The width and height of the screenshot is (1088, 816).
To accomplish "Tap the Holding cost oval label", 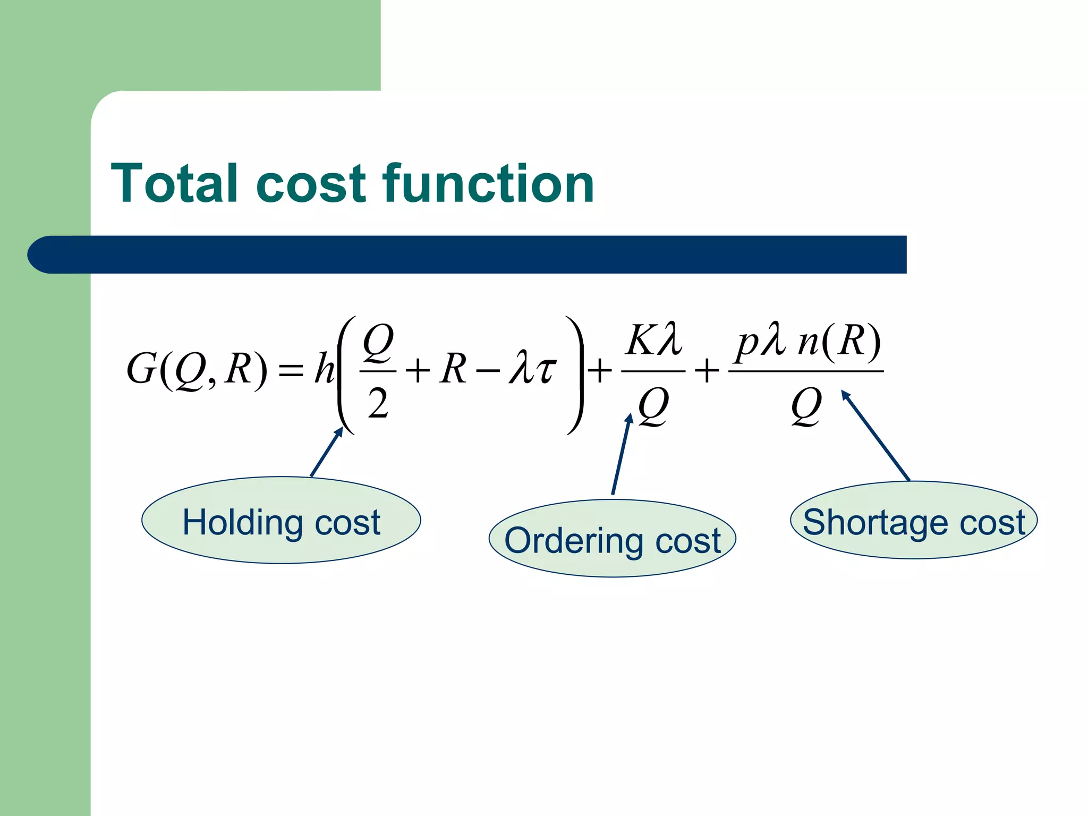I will point(281,520).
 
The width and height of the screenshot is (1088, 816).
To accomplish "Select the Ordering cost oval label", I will point(612,539).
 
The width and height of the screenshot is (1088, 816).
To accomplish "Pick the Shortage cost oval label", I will point(914,520).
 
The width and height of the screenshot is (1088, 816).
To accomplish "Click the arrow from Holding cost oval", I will point(326,453).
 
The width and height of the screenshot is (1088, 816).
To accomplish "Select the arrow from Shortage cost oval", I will point(875,436).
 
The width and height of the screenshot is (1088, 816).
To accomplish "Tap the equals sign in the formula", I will point(291,370).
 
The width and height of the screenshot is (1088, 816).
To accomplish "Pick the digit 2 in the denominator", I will point(378,403).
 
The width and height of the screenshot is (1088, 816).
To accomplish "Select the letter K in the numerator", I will point(641,340).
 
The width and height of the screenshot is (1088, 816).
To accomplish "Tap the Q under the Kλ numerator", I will point(653,406).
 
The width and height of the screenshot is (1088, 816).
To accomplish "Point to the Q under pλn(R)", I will point(806,406).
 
